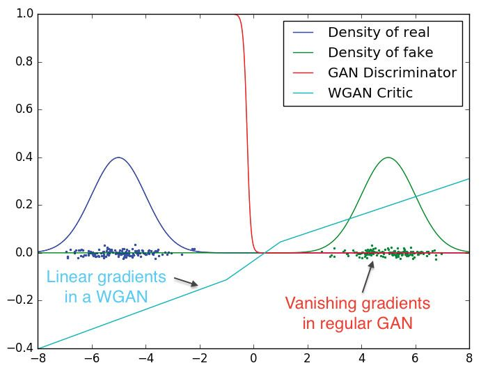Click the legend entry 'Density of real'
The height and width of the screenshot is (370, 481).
pos(379,32)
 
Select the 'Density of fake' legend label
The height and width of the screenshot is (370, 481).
pos(380,52)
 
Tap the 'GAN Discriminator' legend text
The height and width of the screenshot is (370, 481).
pos(392,72)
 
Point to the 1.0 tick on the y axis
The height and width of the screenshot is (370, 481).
pos(25,14)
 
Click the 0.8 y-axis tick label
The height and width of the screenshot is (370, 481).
pos(25,62)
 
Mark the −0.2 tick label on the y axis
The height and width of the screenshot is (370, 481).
pos(22,300)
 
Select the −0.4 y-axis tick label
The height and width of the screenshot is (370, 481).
pos(22,348)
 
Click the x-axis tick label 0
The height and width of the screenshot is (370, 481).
pos(253,360)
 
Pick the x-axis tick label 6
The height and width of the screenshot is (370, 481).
pos(416,360)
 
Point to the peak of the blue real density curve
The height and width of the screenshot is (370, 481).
pos(118,157)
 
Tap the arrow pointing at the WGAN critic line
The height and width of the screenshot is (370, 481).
pos(186,282)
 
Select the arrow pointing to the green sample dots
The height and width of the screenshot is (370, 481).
pos(368,277)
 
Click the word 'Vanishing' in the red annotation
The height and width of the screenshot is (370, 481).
pos(321,304)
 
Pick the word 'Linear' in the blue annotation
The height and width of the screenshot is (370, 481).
pos(69,277)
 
